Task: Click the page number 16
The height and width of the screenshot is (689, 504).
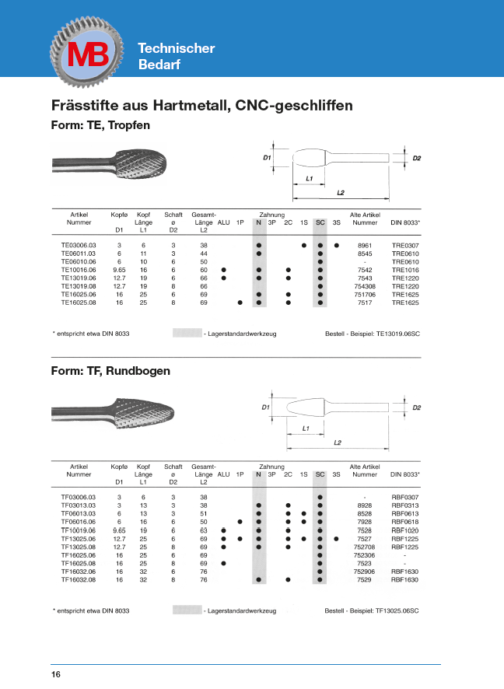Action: [56, 674]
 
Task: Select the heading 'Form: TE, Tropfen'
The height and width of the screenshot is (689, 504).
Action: [100, 124]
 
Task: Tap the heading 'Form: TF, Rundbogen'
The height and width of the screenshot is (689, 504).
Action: [110, 371]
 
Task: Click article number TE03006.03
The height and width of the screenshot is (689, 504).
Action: [77, 246]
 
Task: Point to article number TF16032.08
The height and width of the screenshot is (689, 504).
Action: [77, 579]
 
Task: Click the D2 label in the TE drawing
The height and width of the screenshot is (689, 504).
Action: [417, 159]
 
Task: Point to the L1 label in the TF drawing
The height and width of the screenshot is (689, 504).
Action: [306, 428]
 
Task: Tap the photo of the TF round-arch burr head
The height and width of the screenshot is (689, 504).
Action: [147, 411]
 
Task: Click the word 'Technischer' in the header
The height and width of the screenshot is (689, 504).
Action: [177, 48]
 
